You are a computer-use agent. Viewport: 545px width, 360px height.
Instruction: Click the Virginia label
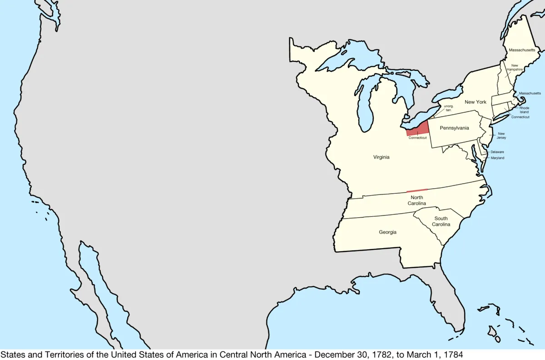point(381,157)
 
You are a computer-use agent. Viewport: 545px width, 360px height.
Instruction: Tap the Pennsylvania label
point(454,128)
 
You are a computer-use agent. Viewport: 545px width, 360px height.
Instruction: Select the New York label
point(476,102)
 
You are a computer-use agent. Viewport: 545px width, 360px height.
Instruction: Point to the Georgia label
point(387,232)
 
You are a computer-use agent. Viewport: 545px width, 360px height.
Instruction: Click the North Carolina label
point(417,200)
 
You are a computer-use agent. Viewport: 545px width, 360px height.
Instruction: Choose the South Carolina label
point(441,221)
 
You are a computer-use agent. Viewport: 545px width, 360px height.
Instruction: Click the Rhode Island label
point(524,110)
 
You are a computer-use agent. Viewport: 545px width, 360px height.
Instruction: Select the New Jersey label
point(501,135)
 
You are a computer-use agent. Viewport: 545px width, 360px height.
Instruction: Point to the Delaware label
point(497,152)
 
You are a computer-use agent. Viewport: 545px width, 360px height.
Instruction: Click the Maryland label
point(497,158)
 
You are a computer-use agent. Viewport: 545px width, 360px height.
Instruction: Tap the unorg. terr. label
point(442,108)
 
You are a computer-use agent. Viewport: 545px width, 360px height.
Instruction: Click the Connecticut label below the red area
point(417,138)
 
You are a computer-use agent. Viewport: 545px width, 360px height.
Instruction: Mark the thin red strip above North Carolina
point(417,190)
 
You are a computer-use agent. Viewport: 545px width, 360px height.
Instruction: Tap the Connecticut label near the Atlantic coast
point(520,117)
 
